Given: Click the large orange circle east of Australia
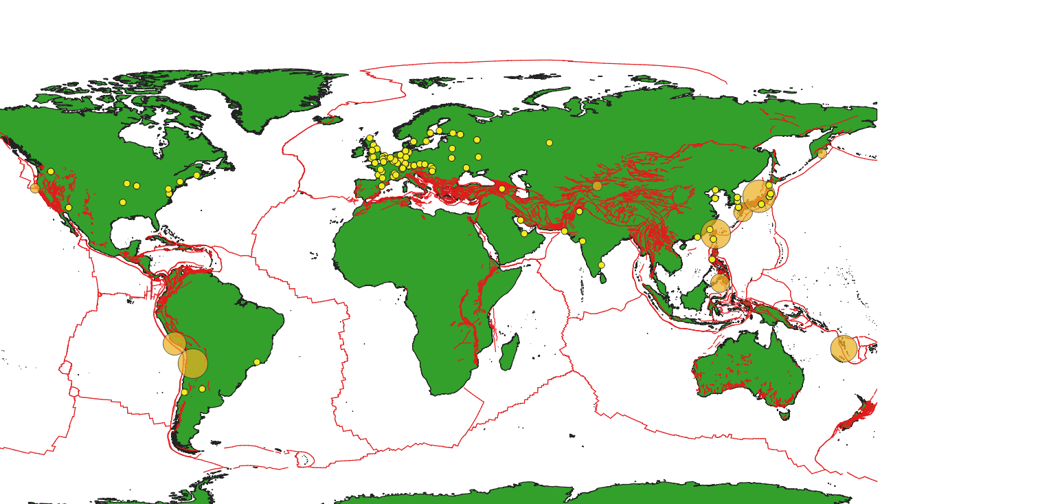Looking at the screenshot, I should [844, 349].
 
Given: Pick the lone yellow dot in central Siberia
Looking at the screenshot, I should [549, 143].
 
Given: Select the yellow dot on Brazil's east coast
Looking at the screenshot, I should [257, 362].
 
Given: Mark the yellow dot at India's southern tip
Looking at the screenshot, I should [601, 265].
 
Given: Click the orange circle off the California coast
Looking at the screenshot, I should [35, 188].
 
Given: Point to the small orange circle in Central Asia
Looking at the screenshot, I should [597, 186].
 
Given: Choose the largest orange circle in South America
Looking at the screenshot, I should [192, 363].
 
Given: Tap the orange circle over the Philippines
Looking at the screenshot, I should [720, 282].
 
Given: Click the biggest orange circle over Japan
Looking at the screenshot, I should [758, 196].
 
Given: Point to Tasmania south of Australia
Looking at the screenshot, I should [784, 415].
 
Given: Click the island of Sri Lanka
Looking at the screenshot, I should [603, 278].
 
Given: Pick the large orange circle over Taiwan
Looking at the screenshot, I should [716, 234].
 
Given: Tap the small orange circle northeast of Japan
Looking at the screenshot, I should [822, 153].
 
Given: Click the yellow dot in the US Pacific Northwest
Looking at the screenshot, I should [51, 171].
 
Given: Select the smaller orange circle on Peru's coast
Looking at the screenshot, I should [174, 343].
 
